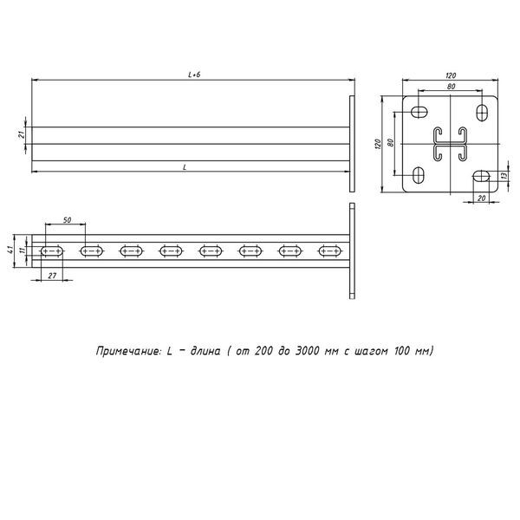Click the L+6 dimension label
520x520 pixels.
click(194, 75)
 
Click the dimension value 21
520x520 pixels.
click(21, 134)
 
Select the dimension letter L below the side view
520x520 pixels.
click(185, 167)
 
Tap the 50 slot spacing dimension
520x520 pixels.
click(67, 220)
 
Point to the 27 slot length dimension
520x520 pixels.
click(52, 276)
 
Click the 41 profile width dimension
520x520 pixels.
click(10, 250)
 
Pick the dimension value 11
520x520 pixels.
click(23, 250)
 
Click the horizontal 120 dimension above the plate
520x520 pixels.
click(451, 75)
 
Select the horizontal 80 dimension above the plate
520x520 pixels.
click(451, 87)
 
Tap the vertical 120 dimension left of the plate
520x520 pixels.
click(378, 144)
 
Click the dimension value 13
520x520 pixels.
click(504, 175)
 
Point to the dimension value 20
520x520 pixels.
click(482, 198)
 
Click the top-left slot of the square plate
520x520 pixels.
click(419, 112)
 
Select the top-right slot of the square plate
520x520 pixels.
click(482, 113)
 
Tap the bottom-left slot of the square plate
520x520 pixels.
click(419, 175)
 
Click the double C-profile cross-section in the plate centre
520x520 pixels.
click(451, 144)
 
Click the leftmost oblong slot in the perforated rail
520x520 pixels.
click(52, 251)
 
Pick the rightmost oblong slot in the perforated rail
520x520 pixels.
click(330, 251)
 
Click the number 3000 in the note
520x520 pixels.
click(307, 350)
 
